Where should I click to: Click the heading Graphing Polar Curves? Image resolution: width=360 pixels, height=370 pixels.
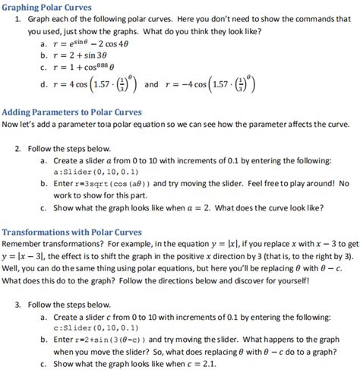point(46,7)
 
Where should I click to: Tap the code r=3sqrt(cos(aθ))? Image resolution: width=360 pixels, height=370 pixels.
point(113,183)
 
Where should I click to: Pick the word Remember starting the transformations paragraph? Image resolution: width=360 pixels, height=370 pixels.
point(23,245)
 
